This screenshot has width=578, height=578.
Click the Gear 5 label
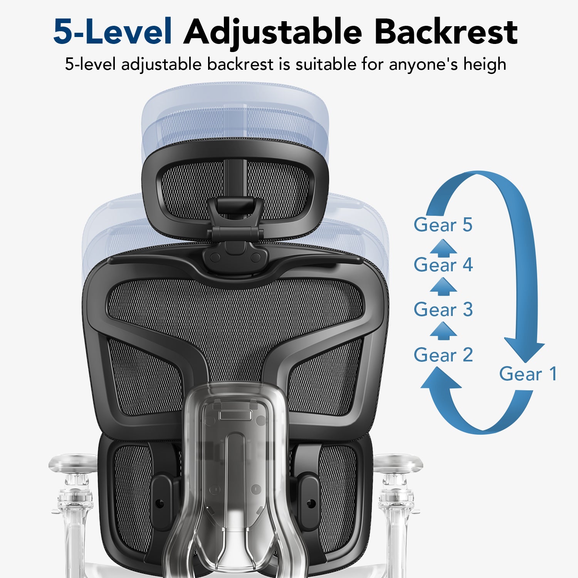coord(443,225)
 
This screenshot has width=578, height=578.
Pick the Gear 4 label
coord(443,265)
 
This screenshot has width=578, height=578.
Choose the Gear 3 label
coord(443,310)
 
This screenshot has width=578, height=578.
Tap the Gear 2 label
coord(443,355)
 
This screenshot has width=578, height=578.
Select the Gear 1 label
coord(528,374)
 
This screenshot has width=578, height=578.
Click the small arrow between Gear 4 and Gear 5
coord(443,248)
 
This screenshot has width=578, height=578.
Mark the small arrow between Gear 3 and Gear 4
coord(443,287)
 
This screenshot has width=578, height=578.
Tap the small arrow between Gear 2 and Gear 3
coord(443,331)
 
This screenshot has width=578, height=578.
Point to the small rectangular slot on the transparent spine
coord(235,415)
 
